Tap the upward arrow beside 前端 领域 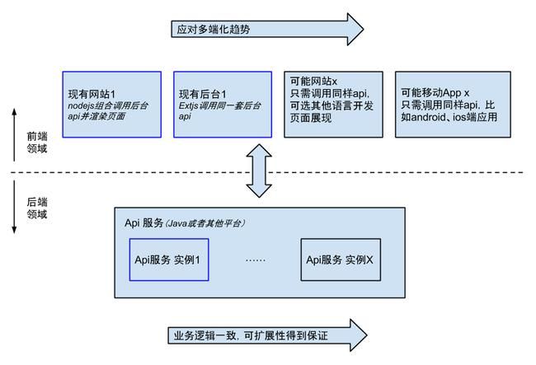[x=16, y=132]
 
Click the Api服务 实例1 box [x=168, y=260]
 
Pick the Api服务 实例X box [x=340, y=260]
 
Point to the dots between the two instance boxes [x=256, y=260]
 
